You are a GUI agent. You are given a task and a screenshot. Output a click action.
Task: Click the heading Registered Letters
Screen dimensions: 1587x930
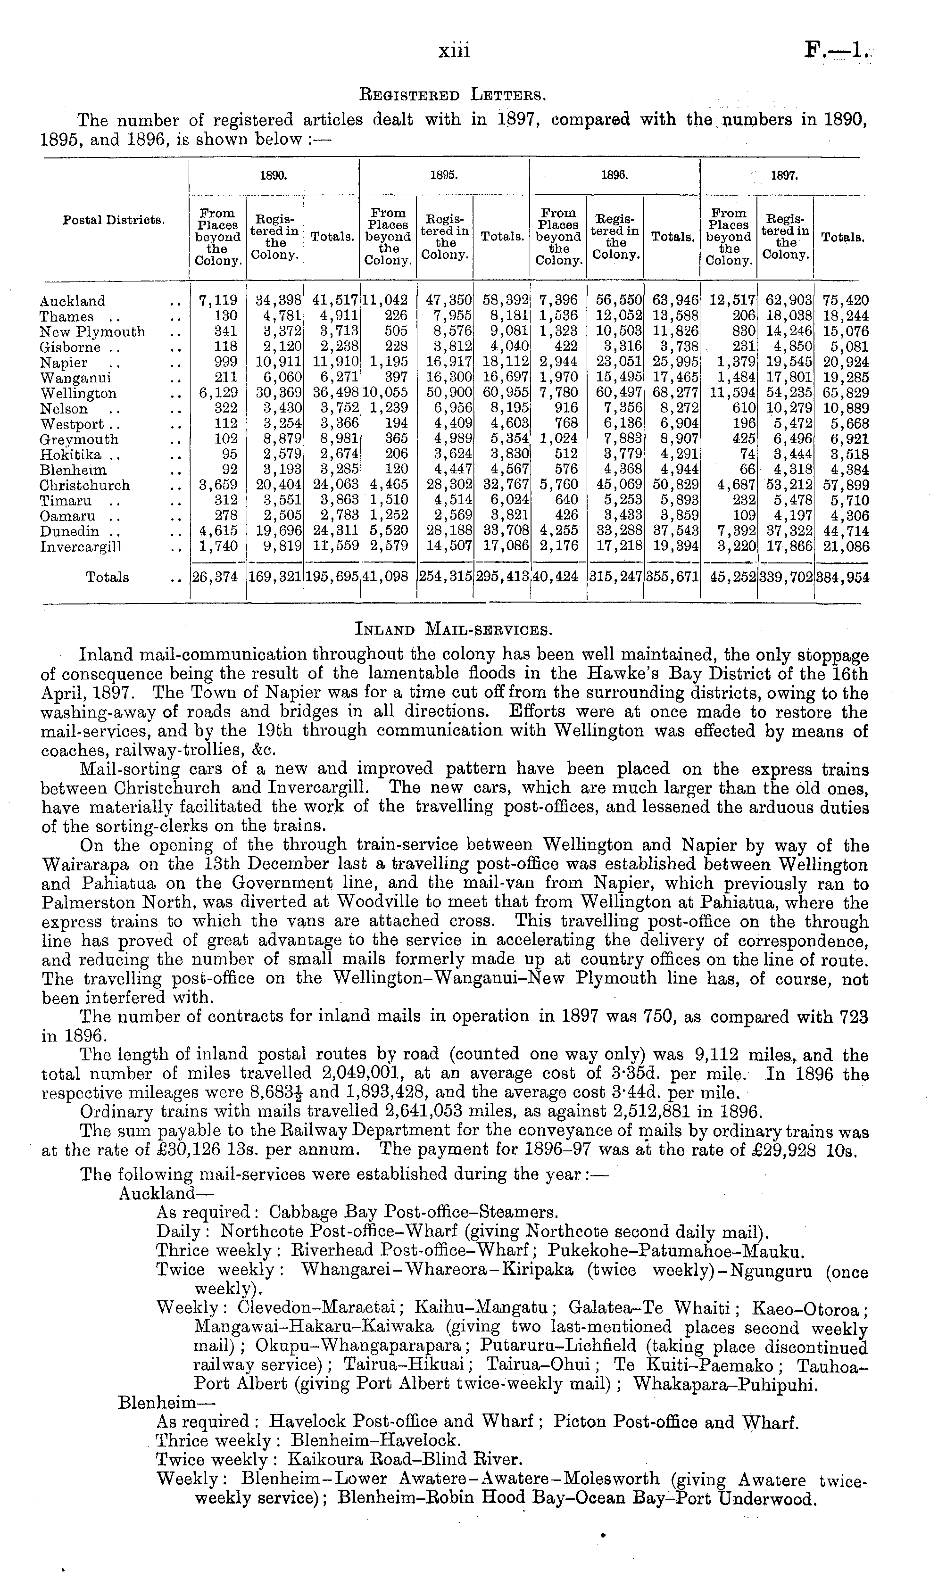(450, 96)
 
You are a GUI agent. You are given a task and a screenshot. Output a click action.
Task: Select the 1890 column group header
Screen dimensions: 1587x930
(274, 177)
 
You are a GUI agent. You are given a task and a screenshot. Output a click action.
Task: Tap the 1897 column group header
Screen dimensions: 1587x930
(784, 177)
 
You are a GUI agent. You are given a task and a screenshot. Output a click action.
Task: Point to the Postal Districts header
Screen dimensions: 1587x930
(113, 221)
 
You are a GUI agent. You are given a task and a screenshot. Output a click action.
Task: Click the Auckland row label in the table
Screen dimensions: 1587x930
(73, 301)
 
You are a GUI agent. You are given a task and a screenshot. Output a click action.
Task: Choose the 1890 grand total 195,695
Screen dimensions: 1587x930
(332, 577)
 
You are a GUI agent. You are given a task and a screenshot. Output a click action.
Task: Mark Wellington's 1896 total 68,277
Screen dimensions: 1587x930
(673, 393)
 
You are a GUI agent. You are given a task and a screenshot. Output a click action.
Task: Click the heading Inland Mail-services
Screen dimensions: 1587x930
(454, 628)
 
